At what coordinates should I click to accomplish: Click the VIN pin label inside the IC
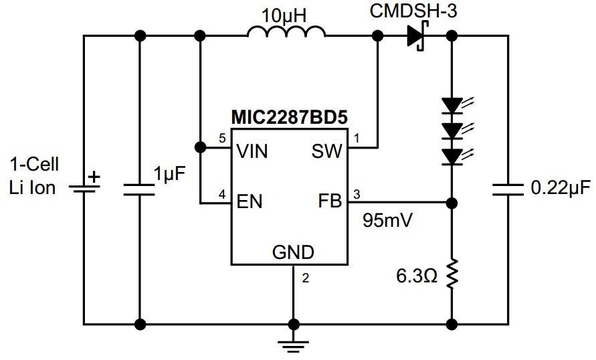coord(252,151)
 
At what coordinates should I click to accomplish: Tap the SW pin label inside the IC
coord(326,151)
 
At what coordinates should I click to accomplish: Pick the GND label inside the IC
coord(293,252)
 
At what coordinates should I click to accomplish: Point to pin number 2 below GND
coord(305,278)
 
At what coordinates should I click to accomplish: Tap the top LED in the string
coord(453,105)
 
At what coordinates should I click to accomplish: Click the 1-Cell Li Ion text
coord(33,176)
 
